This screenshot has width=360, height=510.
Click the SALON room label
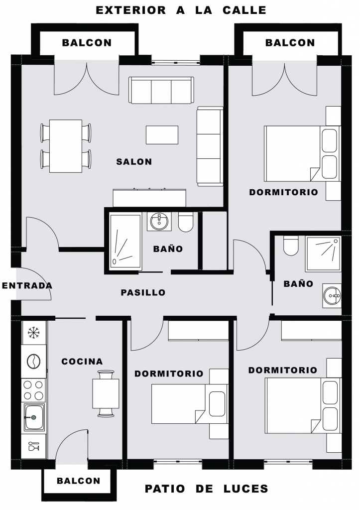[134, 162]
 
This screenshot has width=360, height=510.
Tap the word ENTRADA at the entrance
[27, 285]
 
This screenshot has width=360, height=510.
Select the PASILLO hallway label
[143, 292]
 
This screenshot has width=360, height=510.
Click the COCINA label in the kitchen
[82, 362]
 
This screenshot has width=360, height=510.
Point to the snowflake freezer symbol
[33, 332]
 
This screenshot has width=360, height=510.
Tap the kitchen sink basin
[33, 417]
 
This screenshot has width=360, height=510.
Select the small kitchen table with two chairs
[106, 393]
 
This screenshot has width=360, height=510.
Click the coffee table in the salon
[162, 135]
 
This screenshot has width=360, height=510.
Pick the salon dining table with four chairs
[66, 146]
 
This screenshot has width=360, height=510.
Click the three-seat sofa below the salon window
[161, 91]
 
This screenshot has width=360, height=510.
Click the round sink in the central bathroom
[159, 222]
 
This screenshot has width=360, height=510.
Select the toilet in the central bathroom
[186, 222]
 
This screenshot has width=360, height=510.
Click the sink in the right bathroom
[332, 296]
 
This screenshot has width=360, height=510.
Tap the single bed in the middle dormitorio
[189, 403]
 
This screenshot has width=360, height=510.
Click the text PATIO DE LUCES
[207, 489]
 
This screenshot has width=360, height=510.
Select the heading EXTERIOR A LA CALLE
[181, 10]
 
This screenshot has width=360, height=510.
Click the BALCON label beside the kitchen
[79, 481]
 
